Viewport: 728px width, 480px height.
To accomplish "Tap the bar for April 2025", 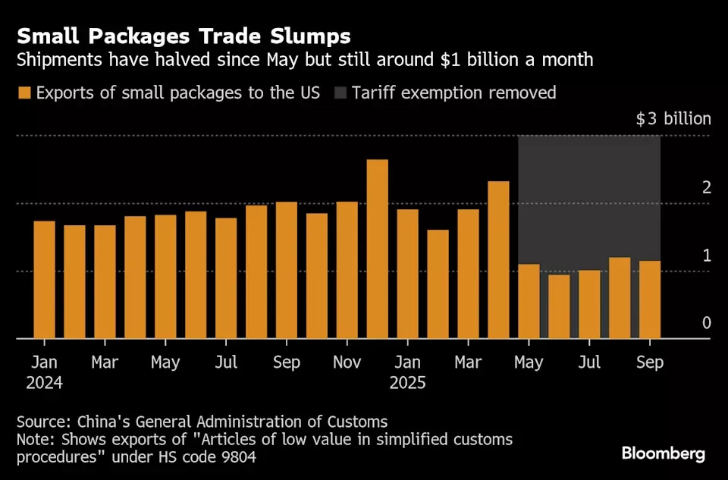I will coord(498,259).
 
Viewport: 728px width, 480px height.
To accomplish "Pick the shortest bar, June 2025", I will coord(559,306).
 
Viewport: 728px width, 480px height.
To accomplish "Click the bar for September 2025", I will coord(650,300).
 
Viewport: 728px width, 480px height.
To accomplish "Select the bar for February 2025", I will coord(438,284).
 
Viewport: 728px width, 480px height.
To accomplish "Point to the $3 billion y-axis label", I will coord(673,119).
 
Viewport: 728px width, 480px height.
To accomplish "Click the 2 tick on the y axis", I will coord(707,187).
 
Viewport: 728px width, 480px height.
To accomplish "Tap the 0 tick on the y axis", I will coord(707,323).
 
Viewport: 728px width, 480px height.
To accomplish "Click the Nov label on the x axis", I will coord(347,362).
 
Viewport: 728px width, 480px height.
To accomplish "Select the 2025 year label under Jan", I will coord(408,383).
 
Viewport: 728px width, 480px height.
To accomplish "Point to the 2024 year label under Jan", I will coord(44,383).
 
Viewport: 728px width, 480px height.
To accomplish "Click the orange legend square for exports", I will coord(25,93).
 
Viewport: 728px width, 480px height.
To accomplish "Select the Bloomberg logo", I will coord(664,453).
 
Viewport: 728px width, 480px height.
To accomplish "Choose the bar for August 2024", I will coord(256,271).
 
